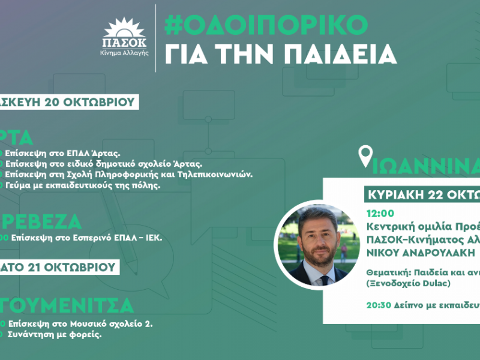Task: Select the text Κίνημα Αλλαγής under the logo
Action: (124, 53)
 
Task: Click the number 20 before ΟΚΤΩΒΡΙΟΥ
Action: (53, 102)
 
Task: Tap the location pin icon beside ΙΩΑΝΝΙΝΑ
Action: (364, 157)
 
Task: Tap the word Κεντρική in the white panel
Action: (389, 226)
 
